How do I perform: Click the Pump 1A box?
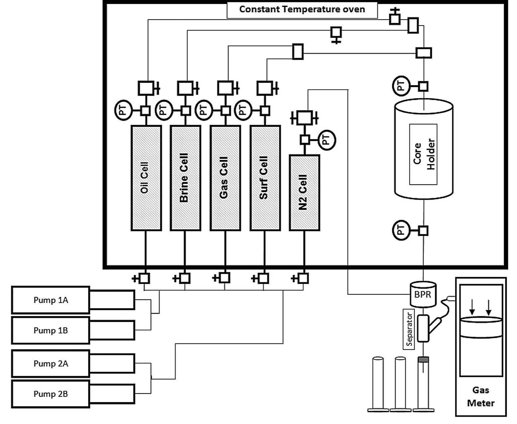click(50, 300)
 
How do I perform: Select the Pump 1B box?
click(50, 331)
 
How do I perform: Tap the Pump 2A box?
click(50, 364)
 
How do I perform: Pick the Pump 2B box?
click(50, 394)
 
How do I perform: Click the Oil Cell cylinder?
click(146, 178)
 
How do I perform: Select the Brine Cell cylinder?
click(185, 178)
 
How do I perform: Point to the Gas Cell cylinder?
click(225, 178)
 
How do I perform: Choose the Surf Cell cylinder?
click(265, 178)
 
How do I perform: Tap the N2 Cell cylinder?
click(304, 193)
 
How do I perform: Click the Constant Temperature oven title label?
click(302, 9)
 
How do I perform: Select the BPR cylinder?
click(423, 294)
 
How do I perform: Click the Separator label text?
click(410, 329)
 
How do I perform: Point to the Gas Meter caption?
click(480, 396)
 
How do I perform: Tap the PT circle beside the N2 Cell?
click(327, 140)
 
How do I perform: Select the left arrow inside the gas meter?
click(472, 309)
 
